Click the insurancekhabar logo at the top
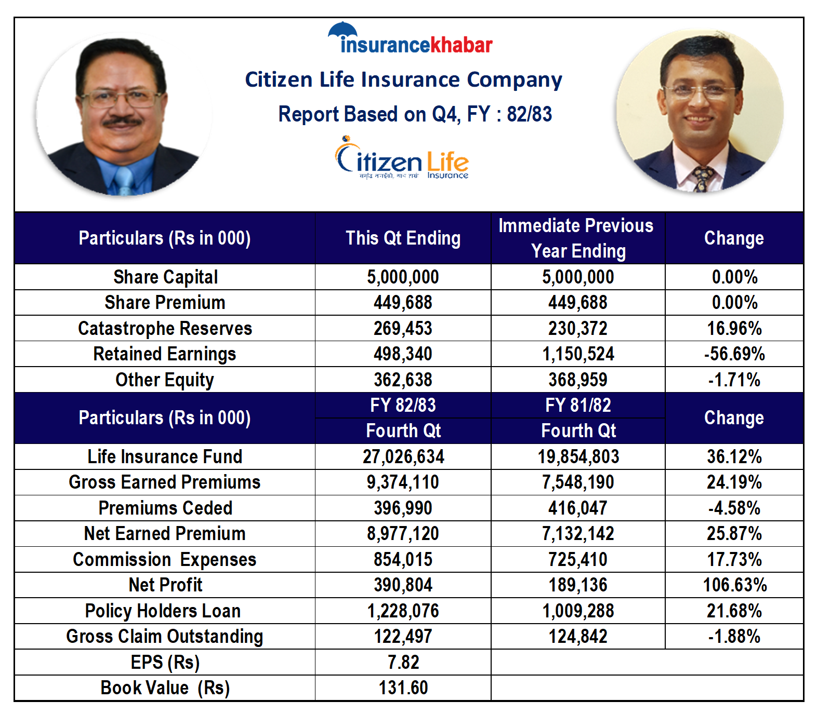click(x=410, y=39)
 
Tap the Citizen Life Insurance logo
click(x=402, y=158)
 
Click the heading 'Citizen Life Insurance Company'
click(x=403, y=80)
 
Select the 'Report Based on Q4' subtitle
click(x=415, y=114)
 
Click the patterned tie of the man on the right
click(x=702, y=178)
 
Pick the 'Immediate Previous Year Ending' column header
click(x=577, y=238)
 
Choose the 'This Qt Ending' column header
click(x=403, y=238)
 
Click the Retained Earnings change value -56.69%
click(x=734, y=354)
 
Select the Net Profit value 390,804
click(x=403, y=585)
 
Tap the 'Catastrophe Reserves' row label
click(x=165, y=329)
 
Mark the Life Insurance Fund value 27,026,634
click(x=403, y=457)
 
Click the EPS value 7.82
click(x=403, y=663)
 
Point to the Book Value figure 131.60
click(x=403, y=688)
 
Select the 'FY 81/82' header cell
click(x=578, y=406)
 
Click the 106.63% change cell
click(x=735, y=585)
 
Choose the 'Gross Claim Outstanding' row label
click(x=165, y=637)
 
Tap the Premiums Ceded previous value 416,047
click(x=578, y=508)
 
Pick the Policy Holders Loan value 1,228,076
click(x=403, y=611)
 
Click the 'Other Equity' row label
click(x=165, y=380)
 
